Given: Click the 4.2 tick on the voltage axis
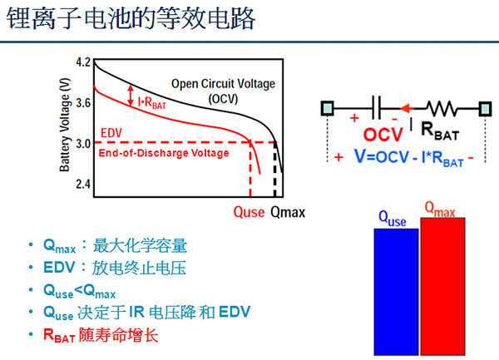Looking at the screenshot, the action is pyautogui.click(x=84, y=62).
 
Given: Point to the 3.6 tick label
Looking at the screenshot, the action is pyautogui.click(x=84, y=103).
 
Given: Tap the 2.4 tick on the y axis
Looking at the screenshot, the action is pyautogui.click(x=84, y=184).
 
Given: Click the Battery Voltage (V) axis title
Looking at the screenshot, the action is pyautogui.click(x=65, y=125).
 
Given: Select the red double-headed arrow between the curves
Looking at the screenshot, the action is pyautogui.click(x=131, y=96).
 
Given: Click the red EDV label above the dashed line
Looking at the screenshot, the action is pyautogui.click(x=111, y=133).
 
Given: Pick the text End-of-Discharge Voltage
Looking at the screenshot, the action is pyautogui.click(x=164, y=153).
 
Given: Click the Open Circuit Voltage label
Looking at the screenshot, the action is pyautogui.click(x=223, y=84).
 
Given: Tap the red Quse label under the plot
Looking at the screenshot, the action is pyautogui.click(x=249, y=212).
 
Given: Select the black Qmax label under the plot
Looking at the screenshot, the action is pyautogui.click(x=288, y=212).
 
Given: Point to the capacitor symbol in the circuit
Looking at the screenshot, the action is pyautogui.click(x=377, y=108).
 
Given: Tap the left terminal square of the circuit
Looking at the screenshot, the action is pyautogui.click(x=327, y=108).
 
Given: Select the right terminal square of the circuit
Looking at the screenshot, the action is pyautogui.click(x=485, y=108).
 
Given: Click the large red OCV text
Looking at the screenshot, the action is pyautogui.click(x=383, y=135).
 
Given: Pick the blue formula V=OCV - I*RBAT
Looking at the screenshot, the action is pyautogui.click(x=409, y=157).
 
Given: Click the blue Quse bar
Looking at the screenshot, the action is pyautogui.click(x=396, y=292).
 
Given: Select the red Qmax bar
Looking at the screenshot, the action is pyautogui.click(x=442, y=286).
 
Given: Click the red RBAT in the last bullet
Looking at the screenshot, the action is pyautogui.click(x=59, y=336).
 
